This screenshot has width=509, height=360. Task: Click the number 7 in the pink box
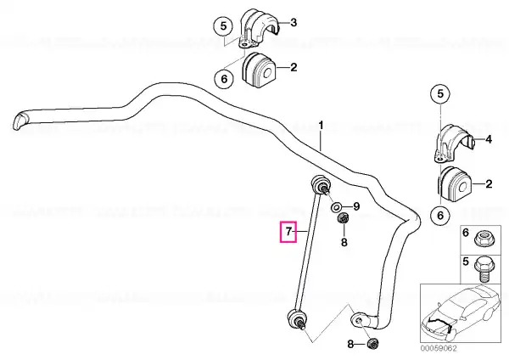tap(288, 232)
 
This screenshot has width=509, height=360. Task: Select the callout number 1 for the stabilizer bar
tap(321, 125)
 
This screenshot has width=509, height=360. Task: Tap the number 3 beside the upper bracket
tap(294, 23)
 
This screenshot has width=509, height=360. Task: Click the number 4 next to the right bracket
tap(489, 140)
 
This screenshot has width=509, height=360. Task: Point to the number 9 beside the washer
tap(356, 206)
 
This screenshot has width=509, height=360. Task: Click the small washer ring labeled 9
tap(336, 206)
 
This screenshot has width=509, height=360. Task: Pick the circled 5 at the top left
tap(223, 26)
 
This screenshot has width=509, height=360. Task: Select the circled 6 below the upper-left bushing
tap(224, 79)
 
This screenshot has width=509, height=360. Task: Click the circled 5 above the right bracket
tap(440, 94)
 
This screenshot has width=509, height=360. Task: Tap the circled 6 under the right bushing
tap(440, 215)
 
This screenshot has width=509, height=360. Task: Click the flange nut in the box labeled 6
tap(483, 239)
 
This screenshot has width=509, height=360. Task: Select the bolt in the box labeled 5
tap(484, 269)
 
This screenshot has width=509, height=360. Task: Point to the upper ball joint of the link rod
tap(320, 184)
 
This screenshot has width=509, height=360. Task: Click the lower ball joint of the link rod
tap(296, 319)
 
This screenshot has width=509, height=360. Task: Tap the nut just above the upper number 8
tap(343, 218)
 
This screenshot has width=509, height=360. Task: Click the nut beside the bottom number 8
tap(372, 343)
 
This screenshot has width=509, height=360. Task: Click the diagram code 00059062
tap(439, 348)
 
